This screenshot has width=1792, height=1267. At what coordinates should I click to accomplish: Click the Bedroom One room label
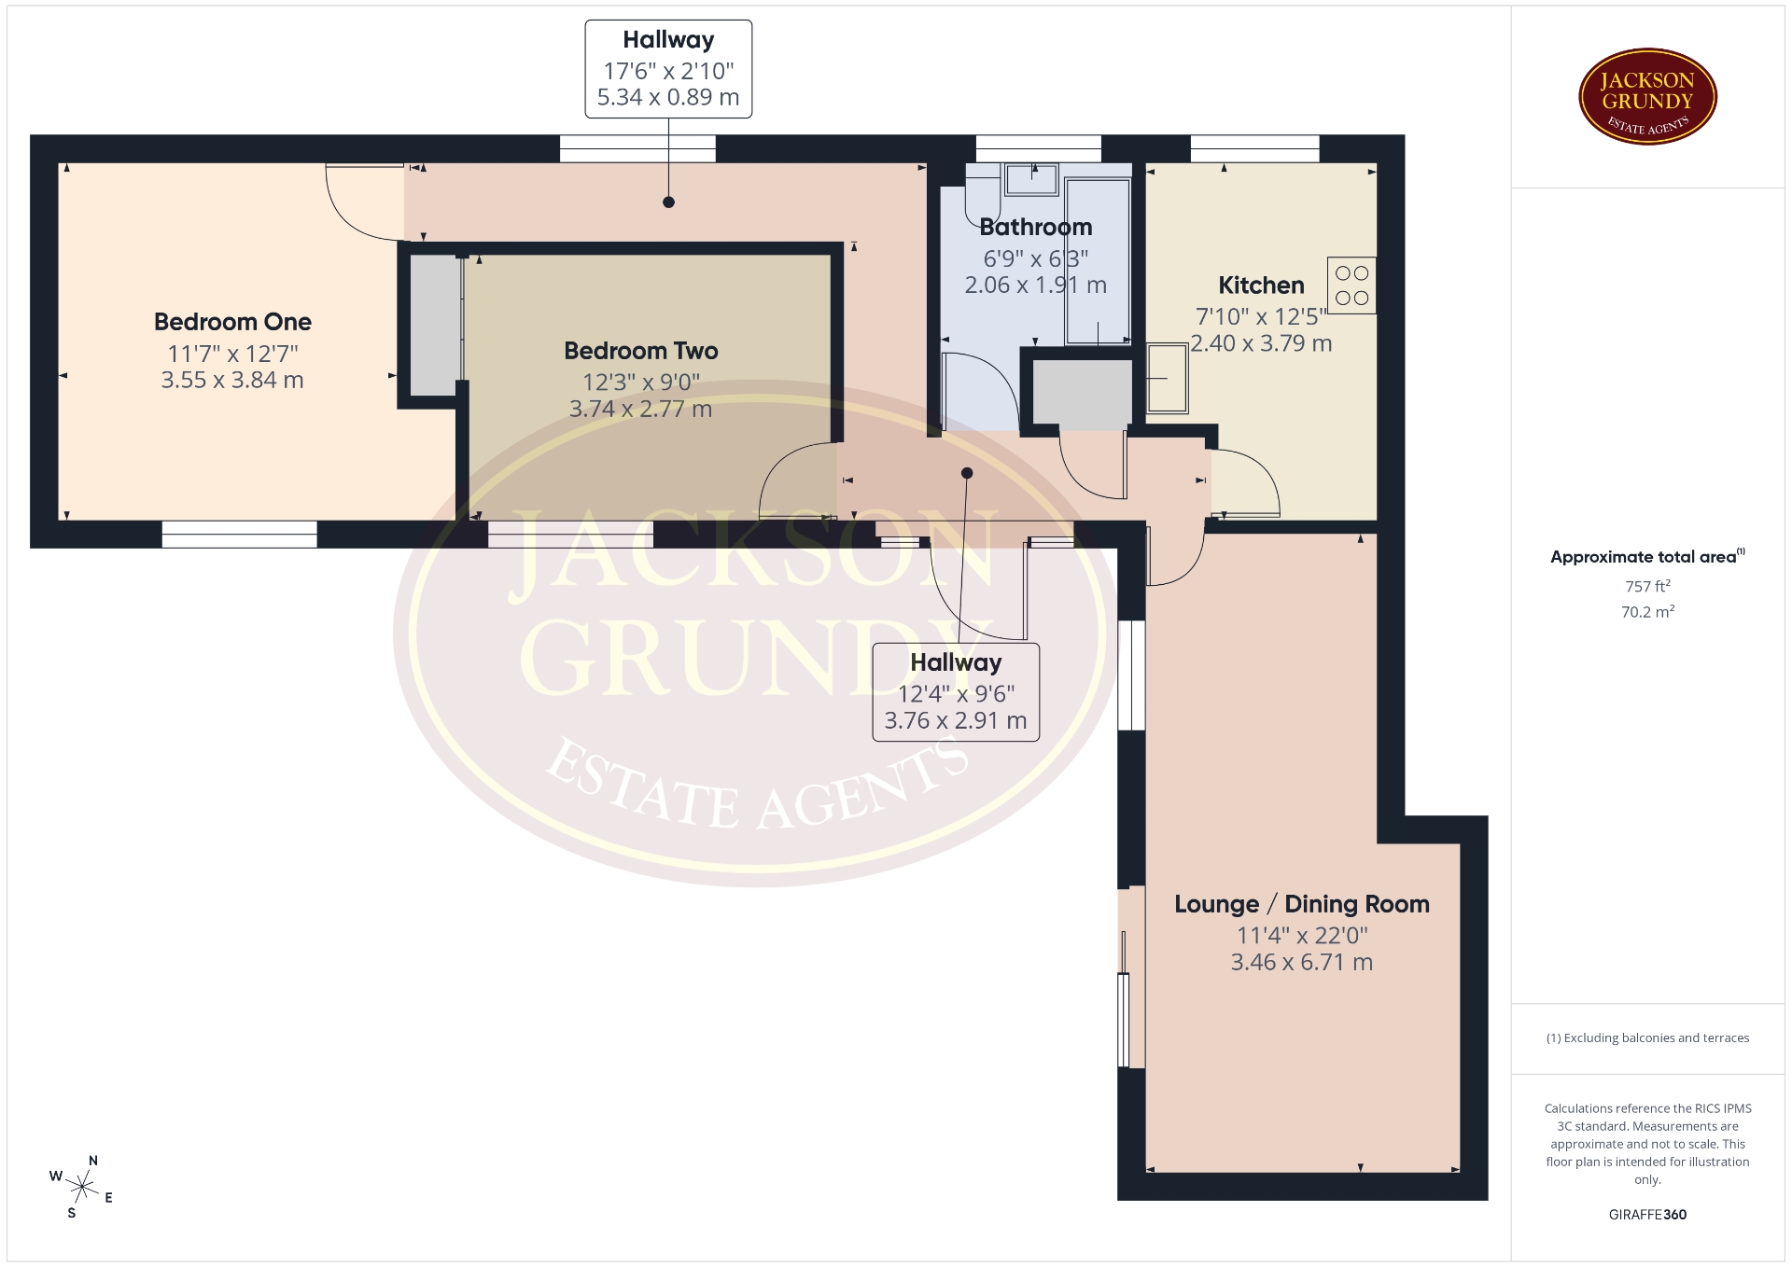[232, 322]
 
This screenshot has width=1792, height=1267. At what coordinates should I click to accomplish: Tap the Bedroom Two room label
[641, 351]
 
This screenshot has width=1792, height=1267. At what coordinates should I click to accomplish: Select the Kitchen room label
[1261, 285]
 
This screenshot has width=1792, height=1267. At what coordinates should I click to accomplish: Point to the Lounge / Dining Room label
[1302, 904]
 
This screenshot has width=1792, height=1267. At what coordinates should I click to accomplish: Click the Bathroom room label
[1036, 227]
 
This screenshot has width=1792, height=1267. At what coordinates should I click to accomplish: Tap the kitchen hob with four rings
[1351, 285]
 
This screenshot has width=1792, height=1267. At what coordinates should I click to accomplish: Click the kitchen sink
[1167, 378]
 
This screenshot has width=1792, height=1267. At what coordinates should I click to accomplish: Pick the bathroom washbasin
[1031, 179]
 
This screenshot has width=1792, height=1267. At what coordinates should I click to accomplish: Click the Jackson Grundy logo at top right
[1647, 97]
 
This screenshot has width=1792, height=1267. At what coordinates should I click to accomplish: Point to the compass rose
[82, 1187]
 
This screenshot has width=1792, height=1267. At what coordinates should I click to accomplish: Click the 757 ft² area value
[1647, 586]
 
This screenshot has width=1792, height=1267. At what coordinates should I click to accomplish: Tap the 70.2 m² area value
[1647, 612]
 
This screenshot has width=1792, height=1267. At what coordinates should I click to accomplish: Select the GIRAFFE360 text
[1647, 1215]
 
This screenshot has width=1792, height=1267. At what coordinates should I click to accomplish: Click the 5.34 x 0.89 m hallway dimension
[668, 97]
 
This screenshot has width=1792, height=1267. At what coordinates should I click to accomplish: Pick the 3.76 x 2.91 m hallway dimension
[956, 721]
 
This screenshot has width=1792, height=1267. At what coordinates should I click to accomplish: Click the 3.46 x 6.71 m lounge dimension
[1302, 963]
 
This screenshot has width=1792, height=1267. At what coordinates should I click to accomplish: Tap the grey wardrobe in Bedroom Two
[436, 325]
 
